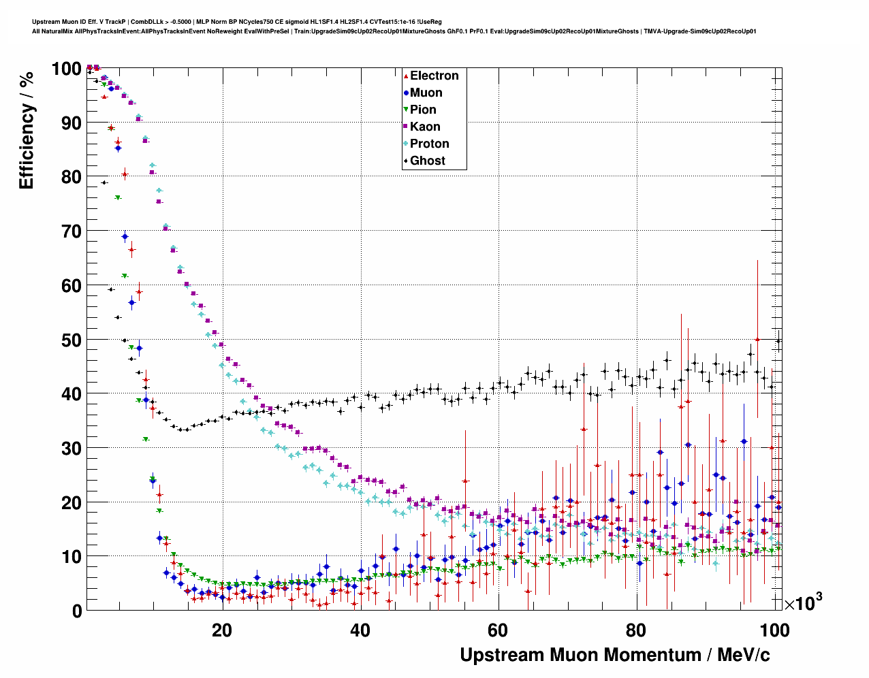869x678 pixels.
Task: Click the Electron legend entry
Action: point(434,76)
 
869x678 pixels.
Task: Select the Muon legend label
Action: point(426,93)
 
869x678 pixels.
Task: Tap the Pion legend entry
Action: point(423,110)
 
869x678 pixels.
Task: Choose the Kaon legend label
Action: point(425,127)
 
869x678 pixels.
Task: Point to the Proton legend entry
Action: point(429,144)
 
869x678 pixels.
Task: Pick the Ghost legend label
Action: point(427,161)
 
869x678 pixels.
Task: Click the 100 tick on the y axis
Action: point(66,69)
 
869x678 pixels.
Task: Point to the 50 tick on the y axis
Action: point(71,340)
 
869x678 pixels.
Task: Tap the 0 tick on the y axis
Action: point(76,611)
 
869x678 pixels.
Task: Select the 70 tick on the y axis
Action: point(71,231)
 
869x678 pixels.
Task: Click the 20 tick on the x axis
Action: point(221,630)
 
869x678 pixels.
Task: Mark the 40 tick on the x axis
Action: point(360,630)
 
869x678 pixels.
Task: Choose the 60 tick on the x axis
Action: point(499,630)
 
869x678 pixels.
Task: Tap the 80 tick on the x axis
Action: point(637,630)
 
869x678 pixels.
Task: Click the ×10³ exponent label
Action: point(803,603)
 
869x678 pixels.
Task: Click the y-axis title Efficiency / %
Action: point(26,130)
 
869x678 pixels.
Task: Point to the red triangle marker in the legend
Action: point(406,76)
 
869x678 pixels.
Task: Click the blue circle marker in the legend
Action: point(406,93)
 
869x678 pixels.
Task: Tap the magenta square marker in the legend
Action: point(406,127)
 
